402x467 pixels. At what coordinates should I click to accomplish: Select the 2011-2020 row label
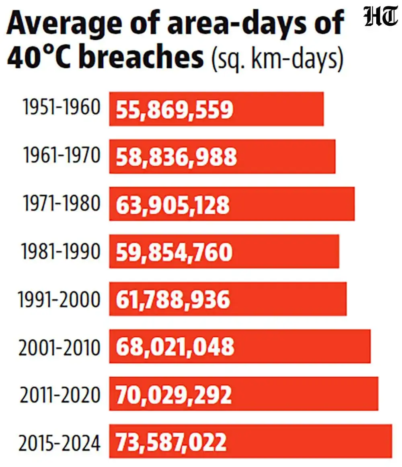60,394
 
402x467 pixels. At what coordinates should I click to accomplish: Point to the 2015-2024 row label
59,442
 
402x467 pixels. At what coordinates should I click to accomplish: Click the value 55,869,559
175,110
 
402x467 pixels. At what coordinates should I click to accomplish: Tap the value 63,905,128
173,205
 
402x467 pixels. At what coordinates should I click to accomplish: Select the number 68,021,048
175,347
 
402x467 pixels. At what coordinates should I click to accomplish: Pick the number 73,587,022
172,442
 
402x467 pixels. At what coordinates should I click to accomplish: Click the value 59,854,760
174,252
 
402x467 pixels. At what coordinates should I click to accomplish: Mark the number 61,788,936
173,300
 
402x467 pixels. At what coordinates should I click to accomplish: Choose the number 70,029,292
174,395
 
